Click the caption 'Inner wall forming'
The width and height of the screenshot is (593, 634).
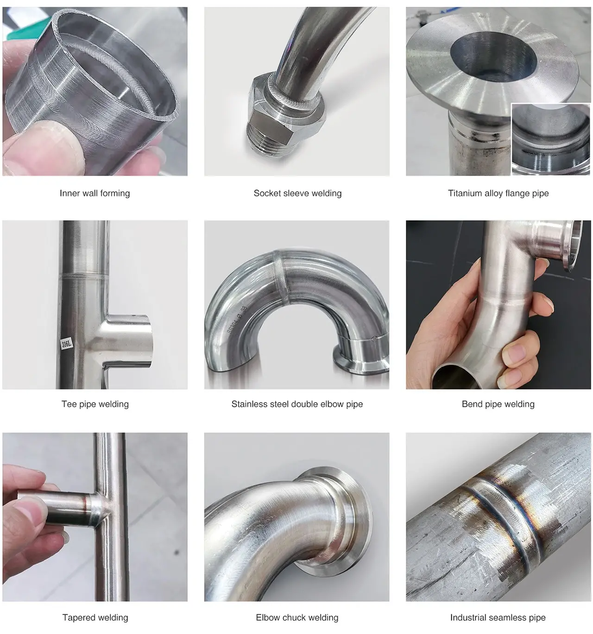pyautogui.click(x=95, y=193)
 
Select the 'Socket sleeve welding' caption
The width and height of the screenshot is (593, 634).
pyautogui.click(x=297, y=193)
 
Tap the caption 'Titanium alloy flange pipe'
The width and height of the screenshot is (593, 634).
pyautogui.click(x=498, y=193)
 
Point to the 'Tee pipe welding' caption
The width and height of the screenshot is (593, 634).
pyautogui.click(x=95, y=404)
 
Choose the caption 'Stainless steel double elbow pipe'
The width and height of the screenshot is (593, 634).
pyautogui.click(x=297, y=404)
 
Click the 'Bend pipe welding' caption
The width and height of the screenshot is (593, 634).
pyautogui.click(x=498, y=404)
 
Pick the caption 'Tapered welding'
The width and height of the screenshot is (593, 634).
pyautogui.click(x=95, y=617)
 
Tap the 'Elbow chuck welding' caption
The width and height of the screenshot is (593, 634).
pyautogui.click(x=297, y=617)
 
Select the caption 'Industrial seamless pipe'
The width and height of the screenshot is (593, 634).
pyautogui.click(x=498, y=617)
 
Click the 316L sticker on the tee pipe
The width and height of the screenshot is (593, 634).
pyautogui.click(x=67, y=344)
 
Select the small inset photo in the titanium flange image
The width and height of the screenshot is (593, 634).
pyautogui.click(x=550, y=139)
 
